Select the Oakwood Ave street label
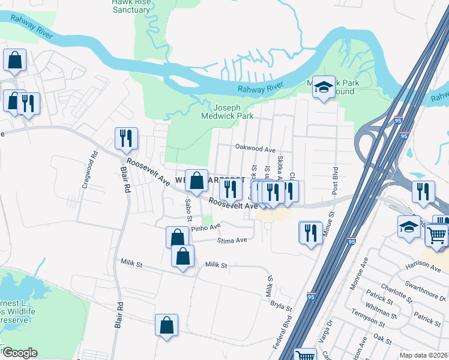click(x=255, y=148)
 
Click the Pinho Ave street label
click(x=206, y=227)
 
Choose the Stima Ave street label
click(x=232, y=240)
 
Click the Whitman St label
click(x=380, y=314)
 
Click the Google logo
click(x=19, y=352)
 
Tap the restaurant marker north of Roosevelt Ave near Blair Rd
click(x=126, y=139)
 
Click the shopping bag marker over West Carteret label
click(x=196, y=181)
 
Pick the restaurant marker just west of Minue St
click(x=310, y=232)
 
